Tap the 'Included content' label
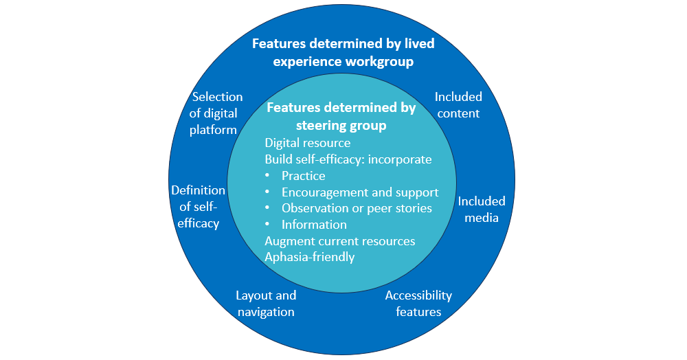pos(458,105)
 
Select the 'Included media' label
pos(482,210)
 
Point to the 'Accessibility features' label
pos(418,304)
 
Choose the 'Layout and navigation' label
pos(266,304)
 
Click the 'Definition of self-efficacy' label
pos(198,207)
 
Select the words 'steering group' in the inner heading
pos(341,126)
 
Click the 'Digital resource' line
pos(308,143)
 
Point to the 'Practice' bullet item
pos(303,176)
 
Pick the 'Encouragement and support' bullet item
pos(360,192)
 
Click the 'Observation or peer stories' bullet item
pos(357,208)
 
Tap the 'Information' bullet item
pos(314,225)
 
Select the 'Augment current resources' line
pos(340,241)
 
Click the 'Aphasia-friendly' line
pos(310,258)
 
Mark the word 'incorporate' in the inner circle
pos(401,159)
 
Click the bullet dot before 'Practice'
pos(268,176)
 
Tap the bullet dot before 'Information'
pos(268,225)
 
